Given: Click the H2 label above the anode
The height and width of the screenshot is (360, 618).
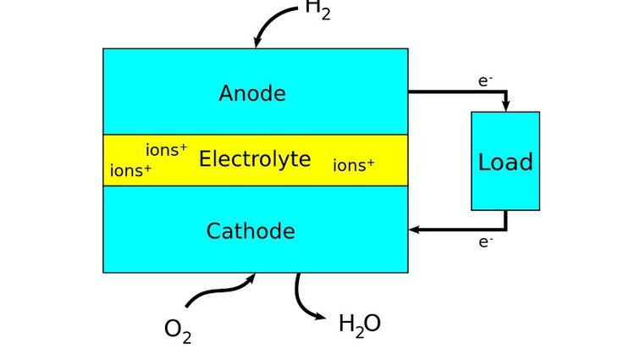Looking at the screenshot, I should [317, 10].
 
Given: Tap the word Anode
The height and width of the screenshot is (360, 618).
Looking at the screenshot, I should [252, 93].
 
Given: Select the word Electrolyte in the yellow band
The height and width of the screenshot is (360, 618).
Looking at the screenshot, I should [255, 159].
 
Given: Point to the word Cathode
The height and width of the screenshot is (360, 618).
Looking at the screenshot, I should [251, 231].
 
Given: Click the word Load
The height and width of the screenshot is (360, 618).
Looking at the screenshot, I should [505, 162].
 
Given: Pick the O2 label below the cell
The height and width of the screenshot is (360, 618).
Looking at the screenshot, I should [177, 330].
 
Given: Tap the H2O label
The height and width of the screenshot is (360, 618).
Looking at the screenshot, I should [359, 324].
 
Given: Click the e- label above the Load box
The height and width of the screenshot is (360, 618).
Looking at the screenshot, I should [485, 81].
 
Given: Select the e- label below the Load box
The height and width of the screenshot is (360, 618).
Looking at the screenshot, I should [485, 242].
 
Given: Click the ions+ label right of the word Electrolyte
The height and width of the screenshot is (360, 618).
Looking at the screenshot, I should [354, 165].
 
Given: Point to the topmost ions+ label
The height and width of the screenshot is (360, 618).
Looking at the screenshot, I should [167, 150].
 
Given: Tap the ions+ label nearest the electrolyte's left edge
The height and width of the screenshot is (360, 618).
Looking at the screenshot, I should [131, 171].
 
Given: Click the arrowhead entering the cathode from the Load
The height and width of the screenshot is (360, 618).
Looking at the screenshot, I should [414, 229].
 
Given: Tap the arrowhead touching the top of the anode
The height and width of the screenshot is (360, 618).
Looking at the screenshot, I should [257, 43].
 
